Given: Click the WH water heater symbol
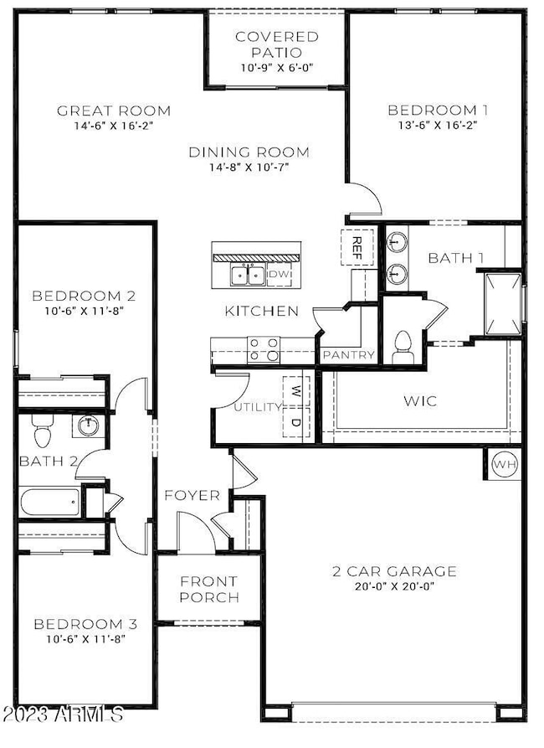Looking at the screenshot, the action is pyautogui.click(x=505, y=464).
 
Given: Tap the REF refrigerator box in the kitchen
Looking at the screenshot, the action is pyautogui.click(x=357, y=248).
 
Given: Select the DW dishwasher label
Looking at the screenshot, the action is pyautogui.click(x=279, y=274).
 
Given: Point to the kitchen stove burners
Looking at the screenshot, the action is pyautogui.click(x=264, y=348).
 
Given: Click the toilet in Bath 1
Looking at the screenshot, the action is pyautogui.click(x=403, y=346).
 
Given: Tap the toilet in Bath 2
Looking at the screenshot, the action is pyautogui.click(x=43, y=431).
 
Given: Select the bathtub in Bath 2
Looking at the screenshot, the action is pyautogui.click(x=50, y=502).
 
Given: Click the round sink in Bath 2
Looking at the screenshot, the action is pyautogui.click(x=88, y=426).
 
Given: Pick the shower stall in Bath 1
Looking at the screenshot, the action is pyautogui.click(x=504, y=304).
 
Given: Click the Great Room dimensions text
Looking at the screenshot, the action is pyautogui.click(x=114, y=126).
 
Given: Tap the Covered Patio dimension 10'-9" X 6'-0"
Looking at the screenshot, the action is pyautogui.click(x=276, y=68).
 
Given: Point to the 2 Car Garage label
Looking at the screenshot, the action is pyautogui.click(x=394, y=571).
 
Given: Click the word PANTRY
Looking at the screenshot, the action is pyautogui.click(x=349, y=355).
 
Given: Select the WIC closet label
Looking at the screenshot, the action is pyautogui.click(x=420, y=400).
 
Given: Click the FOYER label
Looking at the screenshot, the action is pyautogui.click(x=192, y=496).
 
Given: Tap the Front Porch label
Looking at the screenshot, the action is pyautogui.click(x=209, y=589).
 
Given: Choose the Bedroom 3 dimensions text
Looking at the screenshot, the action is pyautogui.click(x=86, y=639).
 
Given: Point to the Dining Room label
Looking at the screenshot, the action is pyautogui.click(x=249, y=152).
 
